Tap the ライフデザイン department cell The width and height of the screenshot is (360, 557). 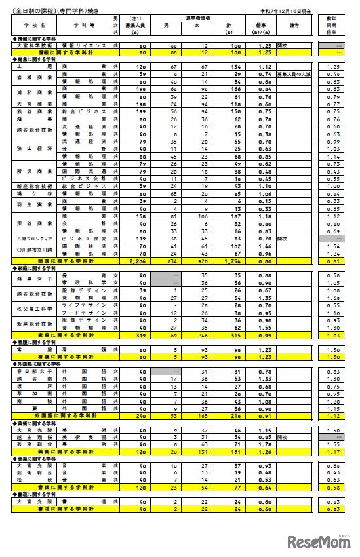tap(85, 304)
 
